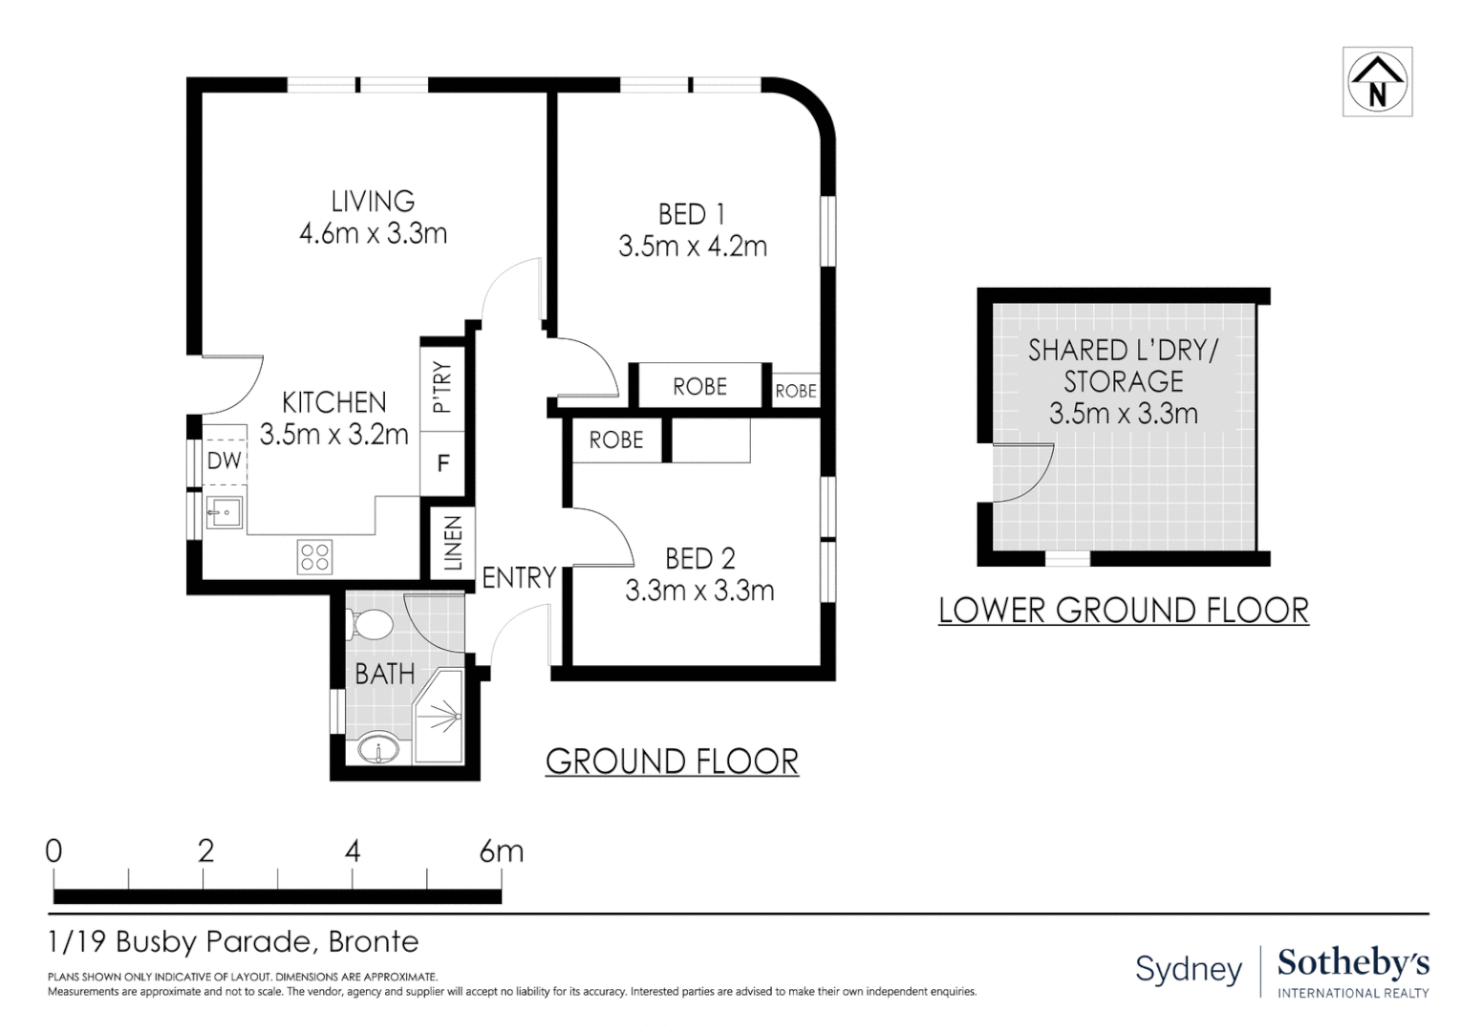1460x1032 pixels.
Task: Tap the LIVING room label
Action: coord(373,201)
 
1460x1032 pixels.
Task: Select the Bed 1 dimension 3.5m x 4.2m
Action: coord(692,247)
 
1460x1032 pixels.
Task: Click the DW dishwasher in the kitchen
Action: coord(225,461)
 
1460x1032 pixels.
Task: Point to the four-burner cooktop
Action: coord(314,557)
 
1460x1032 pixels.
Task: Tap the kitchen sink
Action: coord(224,513)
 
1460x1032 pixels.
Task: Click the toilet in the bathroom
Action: coord(369,625)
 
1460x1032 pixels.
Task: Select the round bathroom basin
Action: coord(378,749)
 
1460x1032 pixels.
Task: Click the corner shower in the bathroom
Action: coord(438,716)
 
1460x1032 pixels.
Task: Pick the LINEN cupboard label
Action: coord(453,543)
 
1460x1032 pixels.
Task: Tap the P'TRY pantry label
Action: coord(441,388)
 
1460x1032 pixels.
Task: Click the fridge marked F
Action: coord(443,463)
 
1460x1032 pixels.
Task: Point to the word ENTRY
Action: coord(519,577)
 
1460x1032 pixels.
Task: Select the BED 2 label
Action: coord(700,559)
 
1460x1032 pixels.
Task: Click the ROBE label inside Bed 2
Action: coord(616,441)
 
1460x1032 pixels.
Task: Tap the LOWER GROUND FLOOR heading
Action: coord(1124,611)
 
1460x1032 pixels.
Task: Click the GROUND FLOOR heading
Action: coord(672,762)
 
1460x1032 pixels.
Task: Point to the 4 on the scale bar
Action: coord(353,851)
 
